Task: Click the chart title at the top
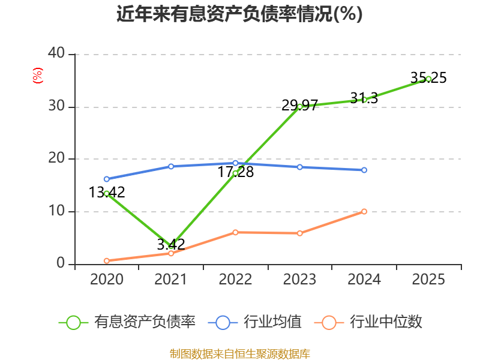(239, 14)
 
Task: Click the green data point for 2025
(428, 79)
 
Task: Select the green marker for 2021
(171, 247)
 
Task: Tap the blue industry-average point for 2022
(235, 163)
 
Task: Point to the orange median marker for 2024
(364, 212)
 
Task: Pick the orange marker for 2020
(107, 261)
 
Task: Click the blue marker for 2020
(107, 179)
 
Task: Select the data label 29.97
(299, 106)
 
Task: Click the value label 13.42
(107, 192)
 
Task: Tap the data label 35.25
(428, 78)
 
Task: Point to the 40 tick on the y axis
(56, 53)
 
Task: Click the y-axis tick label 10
(56, 211)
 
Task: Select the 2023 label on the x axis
(299, 279)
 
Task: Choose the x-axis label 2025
(428, 279)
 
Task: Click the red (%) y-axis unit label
(38, 76)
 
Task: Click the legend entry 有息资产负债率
(127, 322)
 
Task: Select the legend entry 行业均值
(254, 322)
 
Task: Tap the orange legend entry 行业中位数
(368, 322)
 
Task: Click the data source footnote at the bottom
(240, 354)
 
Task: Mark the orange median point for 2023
(299, 233)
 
